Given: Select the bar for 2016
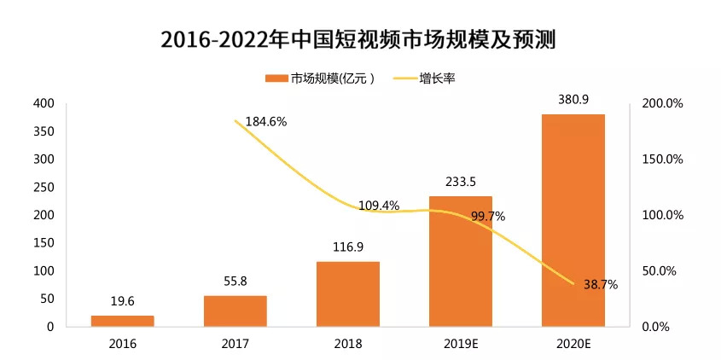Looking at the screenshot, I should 122,321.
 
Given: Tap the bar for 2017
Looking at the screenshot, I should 235,311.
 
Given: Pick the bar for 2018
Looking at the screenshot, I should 347,293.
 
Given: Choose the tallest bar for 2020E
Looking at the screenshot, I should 573,220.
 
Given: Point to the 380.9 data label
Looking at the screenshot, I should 573,99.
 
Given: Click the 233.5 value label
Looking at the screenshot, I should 461,182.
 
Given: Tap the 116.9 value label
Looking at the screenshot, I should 348,247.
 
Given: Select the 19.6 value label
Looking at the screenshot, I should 122,301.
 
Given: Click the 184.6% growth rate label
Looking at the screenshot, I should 266,122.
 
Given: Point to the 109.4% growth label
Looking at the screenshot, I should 379,206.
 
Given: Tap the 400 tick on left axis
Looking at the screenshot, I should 44,103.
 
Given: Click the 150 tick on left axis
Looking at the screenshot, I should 44,243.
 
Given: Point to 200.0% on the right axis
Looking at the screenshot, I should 662,103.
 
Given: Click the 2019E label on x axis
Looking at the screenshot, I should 461,344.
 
